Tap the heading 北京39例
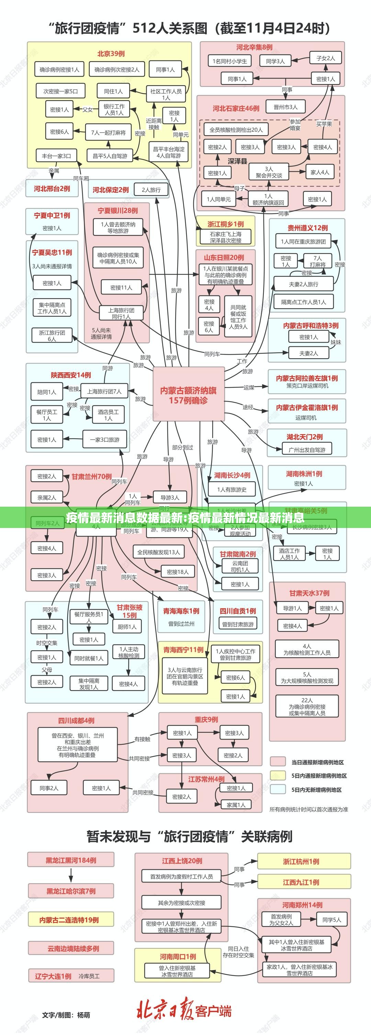point(111,54)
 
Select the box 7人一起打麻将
point(108,132)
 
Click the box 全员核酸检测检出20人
point(236,130)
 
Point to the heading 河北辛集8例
point(254,47)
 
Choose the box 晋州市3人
point(285,107)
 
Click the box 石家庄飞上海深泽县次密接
point(225,237)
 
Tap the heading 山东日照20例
point(224,258)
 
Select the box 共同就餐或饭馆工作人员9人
point(238,317)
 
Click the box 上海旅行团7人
point(104,391)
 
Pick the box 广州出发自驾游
point(307,450)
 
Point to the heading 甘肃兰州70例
point(92,476)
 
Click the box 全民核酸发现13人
point(158,552)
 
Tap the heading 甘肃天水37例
point(309,593)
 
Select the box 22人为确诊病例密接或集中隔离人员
point(307,706)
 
